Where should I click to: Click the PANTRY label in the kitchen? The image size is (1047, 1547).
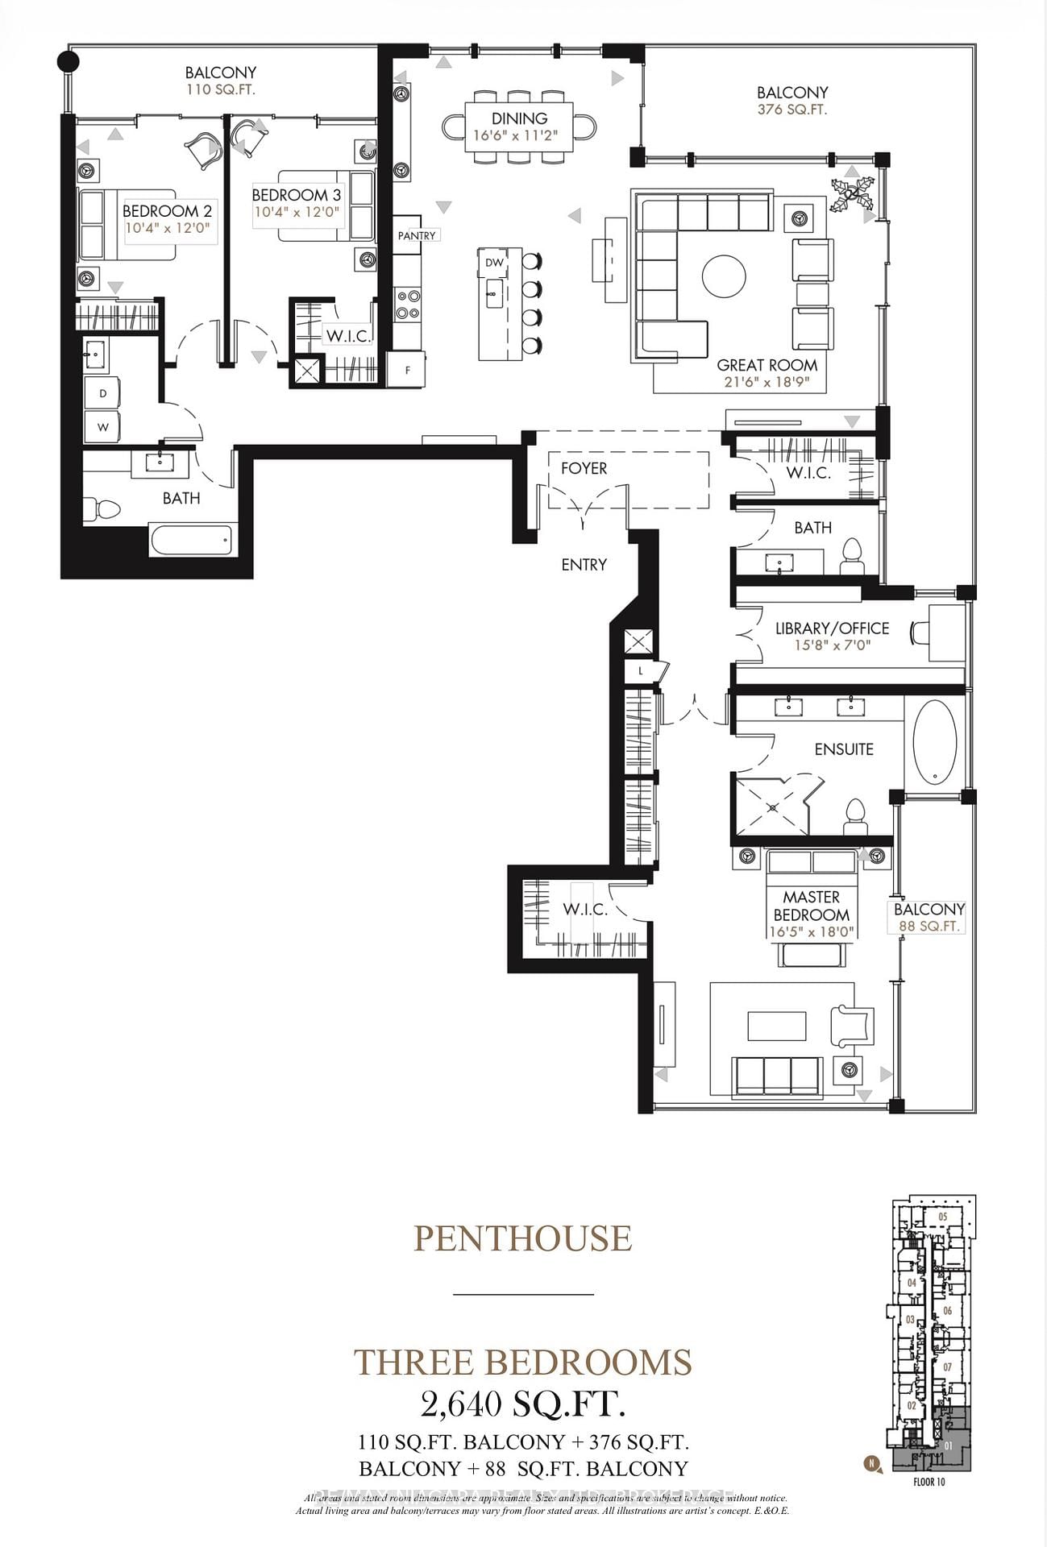pyautogui.click(x=417, y=235)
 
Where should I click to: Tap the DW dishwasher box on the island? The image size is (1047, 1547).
pyautogui.click(x=494, y=263)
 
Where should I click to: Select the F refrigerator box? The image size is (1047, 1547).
pyautogui.click(x=407, y=370)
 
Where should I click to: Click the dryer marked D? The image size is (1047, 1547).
pyautogui.click(x=103, y=394)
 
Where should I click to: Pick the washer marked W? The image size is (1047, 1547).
pyautogui.click(x=103, y=427)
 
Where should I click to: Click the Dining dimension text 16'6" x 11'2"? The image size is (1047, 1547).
pyautogui.click(x=520, y=135)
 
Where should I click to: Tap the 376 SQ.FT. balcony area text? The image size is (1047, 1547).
pyautogui.click(x=791, y=110)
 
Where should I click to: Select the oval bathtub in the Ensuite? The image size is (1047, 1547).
pyautogui.click(x=934, y=742)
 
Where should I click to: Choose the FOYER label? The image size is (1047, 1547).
pyautogui.click(x=584, y=468)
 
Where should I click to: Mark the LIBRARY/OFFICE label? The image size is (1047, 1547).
pyautogui.click(x=832, y=628)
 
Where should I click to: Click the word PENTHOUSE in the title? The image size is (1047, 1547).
pyautogui.click(x=522, y=1238)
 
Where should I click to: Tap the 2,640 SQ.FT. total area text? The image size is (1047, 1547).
pyautogui.click(x=522, y=1404)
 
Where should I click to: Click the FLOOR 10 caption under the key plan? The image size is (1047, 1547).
pyautogui.click(x=929, y=1482)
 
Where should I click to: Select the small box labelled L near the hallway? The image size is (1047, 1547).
pyautogui.click(x=641, y=670)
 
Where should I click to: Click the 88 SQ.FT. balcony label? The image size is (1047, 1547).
pyautogui.click(x=929, y=927)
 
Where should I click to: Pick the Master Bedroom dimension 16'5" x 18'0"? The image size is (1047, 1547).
pyautogui.click(x=811, y=932)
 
